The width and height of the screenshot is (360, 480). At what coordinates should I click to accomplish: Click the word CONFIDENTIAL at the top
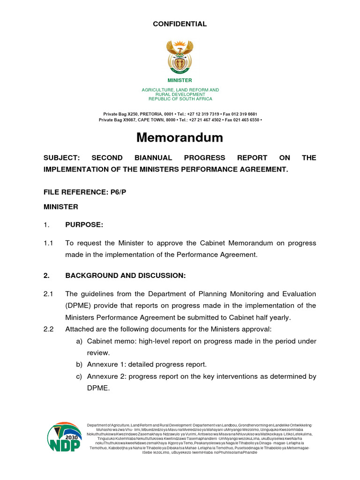180,24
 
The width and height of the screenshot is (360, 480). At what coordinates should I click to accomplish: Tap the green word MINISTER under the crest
180,81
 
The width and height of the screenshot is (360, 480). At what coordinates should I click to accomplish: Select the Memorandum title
180,137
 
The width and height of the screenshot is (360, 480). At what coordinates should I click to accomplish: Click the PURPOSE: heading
84,225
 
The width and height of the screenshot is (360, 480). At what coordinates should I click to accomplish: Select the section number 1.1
49,243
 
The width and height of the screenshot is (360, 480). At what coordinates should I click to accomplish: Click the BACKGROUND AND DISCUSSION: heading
125,276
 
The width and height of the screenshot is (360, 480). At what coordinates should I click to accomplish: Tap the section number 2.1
49,294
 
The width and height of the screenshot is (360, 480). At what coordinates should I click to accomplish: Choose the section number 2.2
49,329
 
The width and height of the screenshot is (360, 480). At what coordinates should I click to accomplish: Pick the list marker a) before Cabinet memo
79,341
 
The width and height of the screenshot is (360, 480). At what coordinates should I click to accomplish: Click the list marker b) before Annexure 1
79,364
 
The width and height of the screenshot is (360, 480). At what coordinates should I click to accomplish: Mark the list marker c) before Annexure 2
79,376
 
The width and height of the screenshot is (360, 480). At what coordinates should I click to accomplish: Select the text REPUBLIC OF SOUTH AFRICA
180,99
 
